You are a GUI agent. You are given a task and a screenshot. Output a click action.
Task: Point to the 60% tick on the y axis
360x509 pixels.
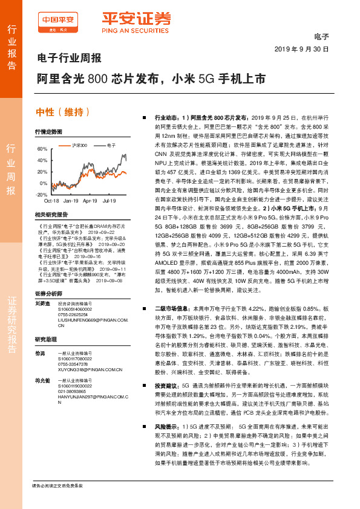[42, 149]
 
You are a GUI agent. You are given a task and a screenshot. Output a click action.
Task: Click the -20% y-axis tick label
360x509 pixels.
[41, 195]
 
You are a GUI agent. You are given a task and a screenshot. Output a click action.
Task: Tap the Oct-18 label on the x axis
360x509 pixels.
[51, 200]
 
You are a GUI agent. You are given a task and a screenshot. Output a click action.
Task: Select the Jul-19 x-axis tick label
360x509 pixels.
[110, 200]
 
